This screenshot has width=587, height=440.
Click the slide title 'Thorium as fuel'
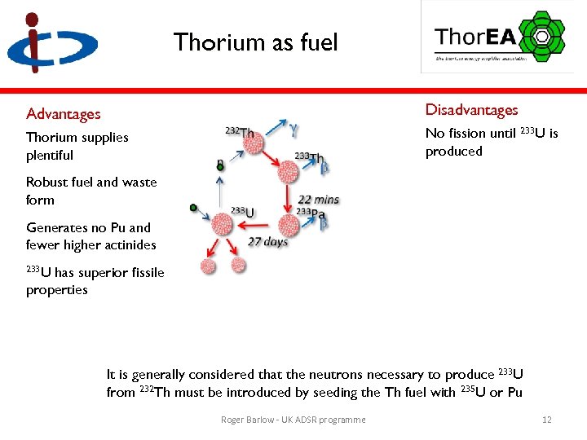tap(255, 42)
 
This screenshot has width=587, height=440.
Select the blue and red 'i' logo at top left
tap(51, 44)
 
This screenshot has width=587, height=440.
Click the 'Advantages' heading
tap(64, 114)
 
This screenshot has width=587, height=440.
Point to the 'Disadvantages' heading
tap(471, 110)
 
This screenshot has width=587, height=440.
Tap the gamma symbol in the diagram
tap(293, 127)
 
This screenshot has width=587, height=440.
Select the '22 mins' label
tap(319, 200)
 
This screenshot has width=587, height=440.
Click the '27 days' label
tap(267, 242)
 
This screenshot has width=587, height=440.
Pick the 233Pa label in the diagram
tap(311, 213)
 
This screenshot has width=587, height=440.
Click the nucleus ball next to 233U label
tap(223, 224)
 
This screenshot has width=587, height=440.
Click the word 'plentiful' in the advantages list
tap(50, 155)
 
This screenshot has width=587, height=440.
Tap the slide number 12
tap(547, 420)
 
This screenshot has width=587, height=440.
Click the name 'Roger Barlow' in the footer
tap(245, 420)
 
